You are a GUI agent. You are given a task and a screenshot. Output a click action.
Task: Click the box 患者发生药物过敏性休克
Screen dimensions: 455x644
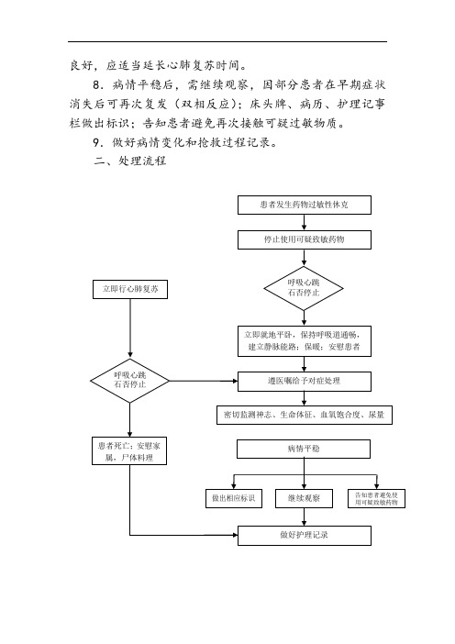tap(305, 205)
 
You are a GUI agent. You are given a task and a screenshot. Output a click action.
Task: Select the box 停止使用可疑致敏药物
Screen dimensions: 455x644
tap(305, 239)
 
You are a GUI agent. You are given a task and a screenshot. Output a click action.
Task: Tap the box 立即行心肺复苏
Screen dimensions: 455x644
tap(130, 290)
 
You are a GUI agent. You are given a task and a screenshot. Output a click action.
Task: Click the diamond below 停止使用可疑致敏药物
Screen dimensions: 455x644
tap(304, 288)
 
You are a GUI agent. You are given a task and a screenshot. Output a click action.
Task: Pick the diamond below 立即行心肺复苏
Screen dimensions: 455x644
tap(129, 381)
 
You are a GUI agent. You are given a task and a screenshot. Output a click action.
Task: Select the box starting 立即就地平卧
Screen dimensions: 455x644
tap(305, 341)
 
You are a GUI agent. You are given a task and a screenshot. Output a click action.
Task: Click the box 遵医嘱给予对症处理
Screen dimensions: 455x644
tap(305, 382)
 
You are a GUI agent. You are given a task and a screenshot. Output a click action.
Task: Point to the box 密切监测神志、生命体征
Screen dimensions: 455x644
tap(305, 415)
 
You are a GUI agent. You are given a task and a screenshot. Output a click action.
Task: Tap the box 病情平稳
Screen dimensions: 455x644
tap(304, 449)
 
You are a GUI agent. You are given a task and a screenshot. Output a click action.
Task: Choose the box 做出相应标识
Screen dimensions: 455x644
tap(234, 498)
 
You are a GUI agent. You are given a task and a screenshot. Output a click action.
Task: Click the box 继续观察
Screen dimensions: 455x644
tap(304, 498)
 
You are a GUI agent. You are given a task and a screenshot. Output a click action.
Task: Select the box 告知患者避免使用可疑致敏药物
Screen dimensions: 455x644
tap(376, 498)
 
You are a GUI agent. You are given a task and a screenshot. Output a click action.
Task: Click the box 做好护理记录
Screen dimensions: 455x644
tap(305, 536)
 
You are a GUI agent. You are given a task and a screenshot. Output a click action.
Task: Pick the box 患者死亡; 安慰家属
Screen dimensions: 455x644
tap(129, 451)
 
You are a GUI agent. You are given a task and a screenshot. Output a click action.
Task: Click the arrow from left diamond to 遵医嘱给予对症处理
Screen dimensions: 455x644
tap(204, 381)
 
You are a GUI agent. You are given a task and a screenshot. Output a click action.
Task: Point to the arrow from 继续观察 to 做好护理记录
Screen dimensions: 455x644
tap(304, 516)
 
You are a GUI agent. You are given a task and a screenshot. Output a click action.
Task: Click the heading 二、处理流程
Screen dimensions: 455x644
tap(129, 161)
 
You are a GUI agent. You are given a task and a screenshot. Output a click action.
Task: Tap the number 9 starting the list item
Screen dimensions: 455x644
tap(96, 142)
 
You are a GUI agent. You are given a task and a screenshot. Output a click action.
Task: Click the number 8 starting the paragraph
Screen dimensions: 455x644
tap(96, 85)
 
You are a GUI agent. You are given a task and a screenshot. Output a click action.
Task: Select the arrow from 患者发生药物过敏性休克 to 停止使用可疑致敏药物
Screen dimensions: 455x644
tap(304, 222)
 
